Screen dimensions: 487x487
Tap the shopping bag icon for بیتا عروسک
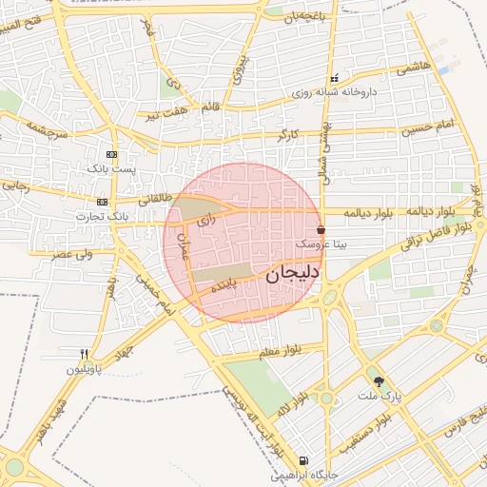(321, 229)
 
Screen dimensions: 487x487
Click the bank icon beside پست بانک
(112, 154)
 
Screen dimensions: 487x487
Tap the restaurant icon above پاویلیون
(85, 353)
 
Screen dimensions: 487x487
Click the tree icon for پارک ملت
(380, 380)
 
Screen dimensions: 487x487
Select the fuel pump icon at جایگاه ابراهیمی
(302, 459)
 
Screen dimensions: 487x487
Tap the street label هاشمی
(414, 68)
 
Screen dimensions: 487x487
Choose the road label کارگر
(287, 136)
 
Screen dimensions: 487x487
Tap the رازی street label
(206, 221)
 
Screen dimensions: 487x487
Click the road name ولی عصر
(73, 254)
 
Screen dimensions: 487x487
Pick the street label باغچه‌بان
(290, 17)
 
